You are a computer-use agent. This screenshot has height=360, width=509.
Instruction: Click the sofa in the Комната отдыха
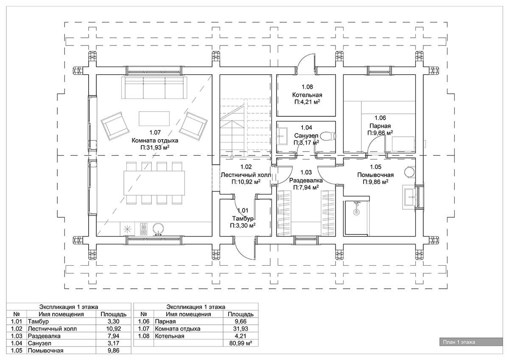[x=154, y=87]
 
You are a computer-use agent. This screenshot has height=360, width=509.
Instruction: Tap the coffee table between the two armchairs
[x=154, y=118]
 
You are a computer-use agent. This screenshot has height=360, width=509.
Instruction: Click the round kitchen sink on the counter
[x=158, y=229]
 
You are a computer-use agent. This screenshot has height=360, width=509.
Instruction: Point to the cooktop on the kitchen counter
[x=143, y=229]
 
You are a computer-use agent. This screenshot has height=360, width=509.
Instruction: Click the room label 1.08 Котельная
[x=307, y=91]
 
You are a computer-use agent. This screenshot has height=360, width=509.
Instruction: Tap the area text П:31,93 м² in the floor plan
[x=155, y=148]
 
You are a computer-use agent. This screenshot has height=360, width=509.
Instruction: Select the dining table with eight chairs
[x=154, y=183]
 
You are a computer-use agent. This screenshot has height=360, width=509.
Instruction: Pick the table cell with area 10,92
[x=114, y=329]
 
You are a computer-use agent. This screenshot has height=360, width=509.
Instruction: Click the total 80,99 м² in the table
[x=241, y=343]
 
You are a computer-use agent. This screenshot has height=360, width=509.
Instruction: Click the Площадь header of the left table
[x=114, y=314]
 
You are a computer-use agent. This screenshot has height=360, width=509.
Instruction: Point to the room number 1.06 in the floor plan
[x=380, y=118]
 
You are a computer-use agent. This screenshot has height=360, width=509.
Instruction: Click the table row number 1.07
[x=144, y=329]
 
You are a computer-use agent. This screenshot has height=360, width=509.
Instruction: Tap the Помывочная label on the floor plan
[x=375, y=175]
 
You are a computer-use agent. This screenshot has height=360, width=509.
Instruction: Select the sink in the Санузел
[x=282, y=136]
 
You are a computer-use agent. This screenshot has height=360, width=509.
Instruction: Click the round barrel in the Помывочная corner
[x=410, y=172]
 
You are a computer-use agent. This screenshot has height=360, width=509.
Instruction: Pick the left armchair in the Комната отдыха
[x=115, y=126]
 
